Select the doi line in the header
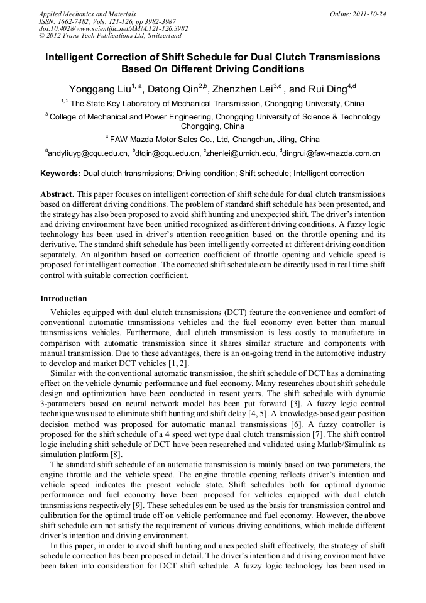(x=113, y=28)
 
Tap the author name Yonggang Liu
(x=99, y=89)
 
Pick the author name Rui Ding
(x=327, y=89)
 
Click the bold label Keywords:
(x=60, y=174)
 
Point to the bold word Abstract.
(x=58, y=195)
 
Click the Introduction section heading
(x=63, y=298)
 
